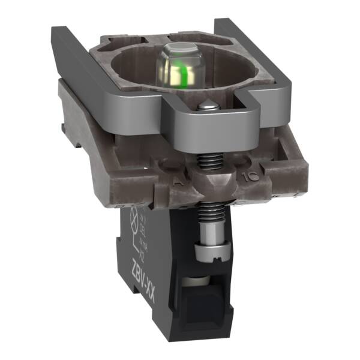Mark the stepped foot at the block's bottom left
[136, 312]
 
